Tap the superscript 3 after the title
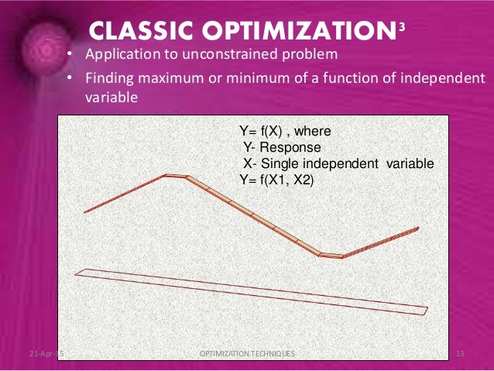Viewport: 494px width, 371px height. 400,26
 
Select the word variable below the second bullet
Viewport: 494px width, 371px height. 111,98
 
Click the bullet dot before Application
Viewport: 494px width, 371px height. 69,56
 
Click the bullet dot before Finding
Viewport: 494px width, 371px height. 69,78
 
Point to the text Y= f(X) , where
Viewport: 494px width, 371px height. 286,132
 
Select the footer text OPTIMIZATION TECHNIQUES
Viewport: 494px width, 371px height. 246,354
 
